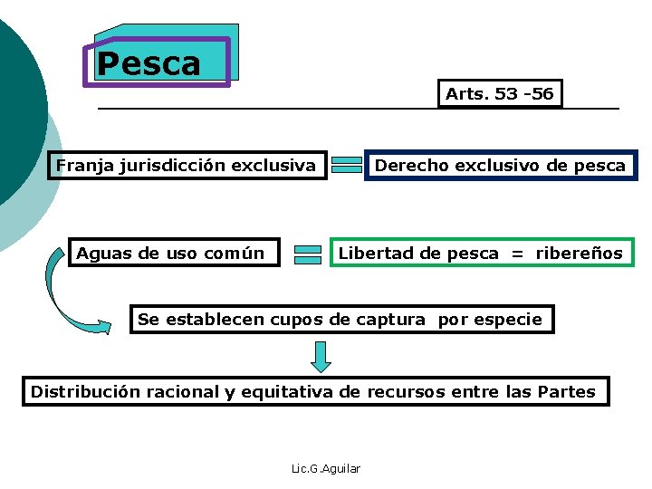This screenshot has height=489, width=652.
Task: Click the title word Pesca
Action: (x=149, y=63)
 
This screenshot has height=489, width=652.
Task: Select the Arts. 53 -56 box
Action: (x=500, y=93)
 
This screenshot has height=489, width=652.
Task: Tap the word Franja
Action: (x=81, y=166)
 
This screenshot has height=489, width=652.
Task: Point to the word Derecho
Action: (x=407, y=166)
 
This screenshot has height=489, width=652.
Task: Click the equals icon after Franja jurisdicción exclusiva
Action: (x=345, y=165)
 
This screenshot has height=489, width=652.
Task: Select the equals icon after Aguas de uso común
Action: (x=308, y=254)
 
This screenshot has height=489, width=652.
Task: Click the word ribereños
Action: (x=580, y=254)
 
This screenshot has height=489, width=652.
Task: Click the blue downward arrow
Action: (x=321, y=355)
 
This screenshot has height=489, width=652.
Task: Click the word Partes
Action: (x=566, y=392)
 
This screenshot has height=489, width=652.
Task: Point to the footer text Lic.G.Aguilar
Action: (x=326, y=468)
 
